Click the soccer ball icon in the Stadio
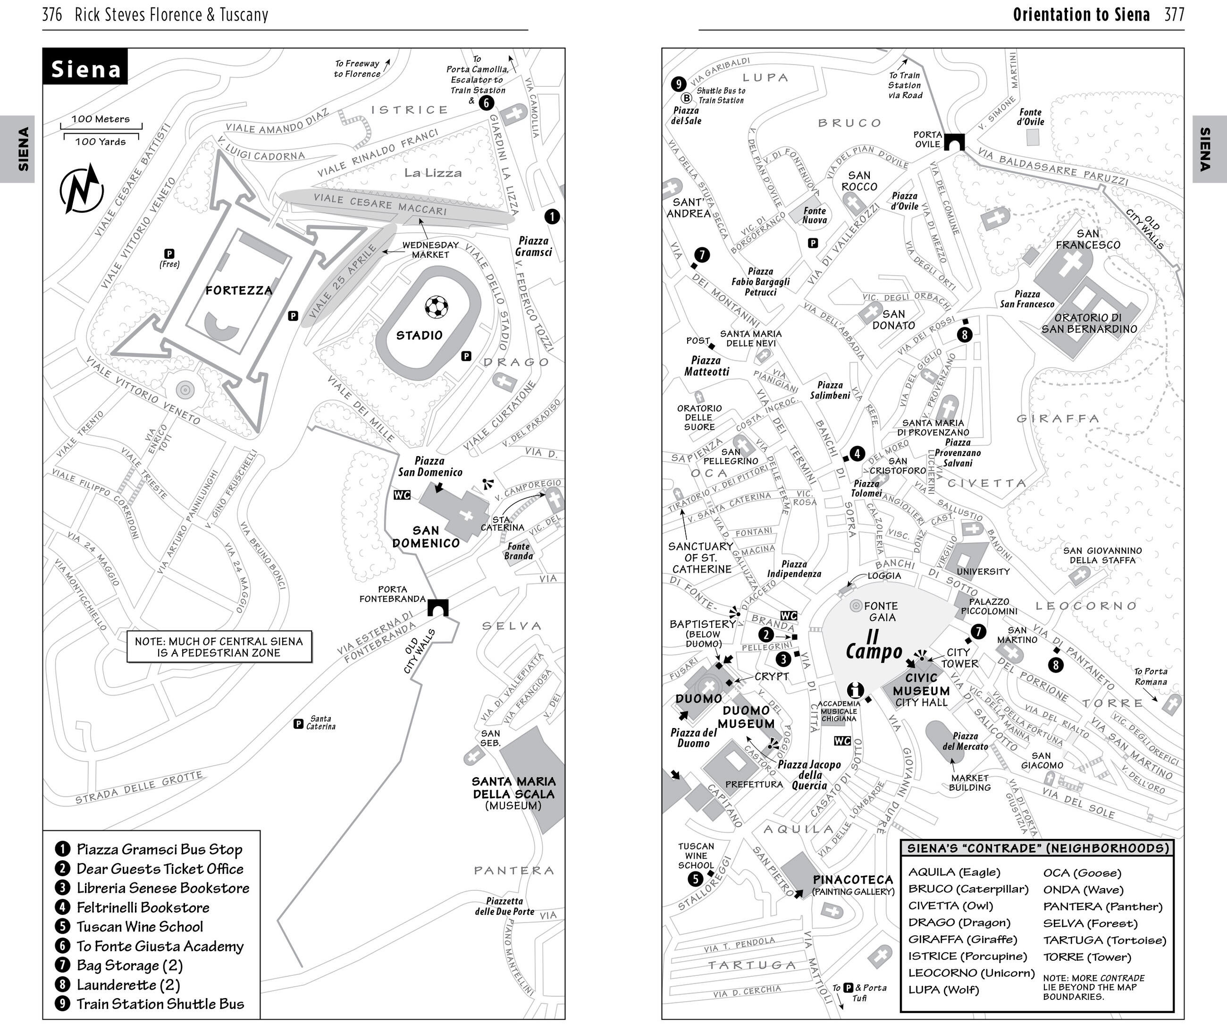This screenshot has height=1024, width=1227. [x=436, y=307]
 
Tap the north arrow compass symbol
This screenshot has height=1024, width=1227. [x=82, y=189]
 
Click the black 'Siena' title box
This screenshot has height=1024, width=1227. [x=85, y=68]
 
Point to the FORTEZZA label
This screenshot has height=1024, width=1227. [x=238, y=290]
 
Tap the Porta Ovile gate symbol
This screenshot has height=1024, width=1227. [x=954, y=142]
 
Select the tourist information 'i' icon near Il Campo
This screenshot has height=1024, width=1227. [x=856, y=690]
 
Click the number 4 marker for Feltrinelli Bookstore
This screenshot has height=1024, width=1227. [x=857, y=454]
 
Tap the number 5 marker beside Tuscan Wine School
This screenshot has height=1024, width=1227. [x=695, y=879]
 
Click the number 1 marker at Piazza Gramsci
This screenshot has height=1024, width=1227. [x=552, y=217]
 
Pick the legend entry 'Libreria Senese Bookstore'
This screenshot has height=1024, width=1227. [x=162, y=888]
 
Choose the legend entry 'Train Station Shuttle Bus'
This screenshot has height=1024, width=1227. [x=160, y=1004]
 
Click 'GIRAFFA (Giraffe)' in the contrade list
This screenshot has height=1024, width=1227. [x=962, y=939]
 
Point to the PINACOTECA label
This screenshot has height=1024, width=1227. [x=852, y=880]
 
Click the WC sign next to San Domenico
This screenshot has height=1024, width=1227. [x=402, y=495]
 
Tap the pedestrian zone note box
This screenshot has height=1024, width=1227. [x=219, y=647]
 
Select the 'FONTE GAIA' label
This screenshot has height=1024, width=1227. [x=881, y=611]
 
